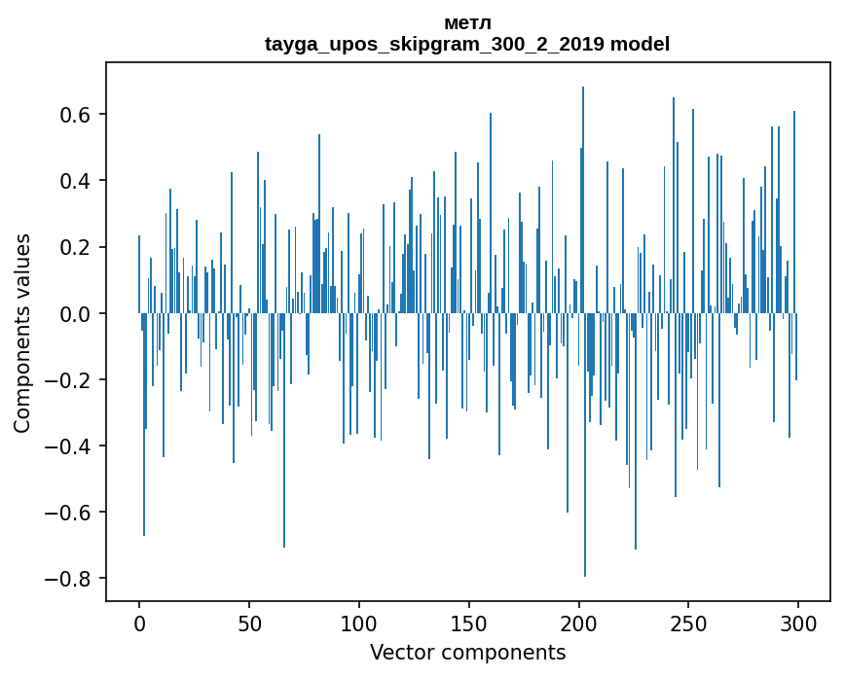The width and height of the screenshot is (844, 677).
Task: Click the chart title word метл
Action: click(x=467, y=23)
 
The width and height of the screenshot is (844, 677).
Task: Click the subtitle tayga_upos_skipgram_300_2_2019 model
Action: click(x=467, y=44)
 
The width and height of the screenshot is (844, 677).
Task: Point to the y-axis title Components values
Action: click(x=22, y=333)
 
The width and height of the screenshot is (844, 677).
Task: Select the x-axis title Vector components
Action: click(x=467, y=653)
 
